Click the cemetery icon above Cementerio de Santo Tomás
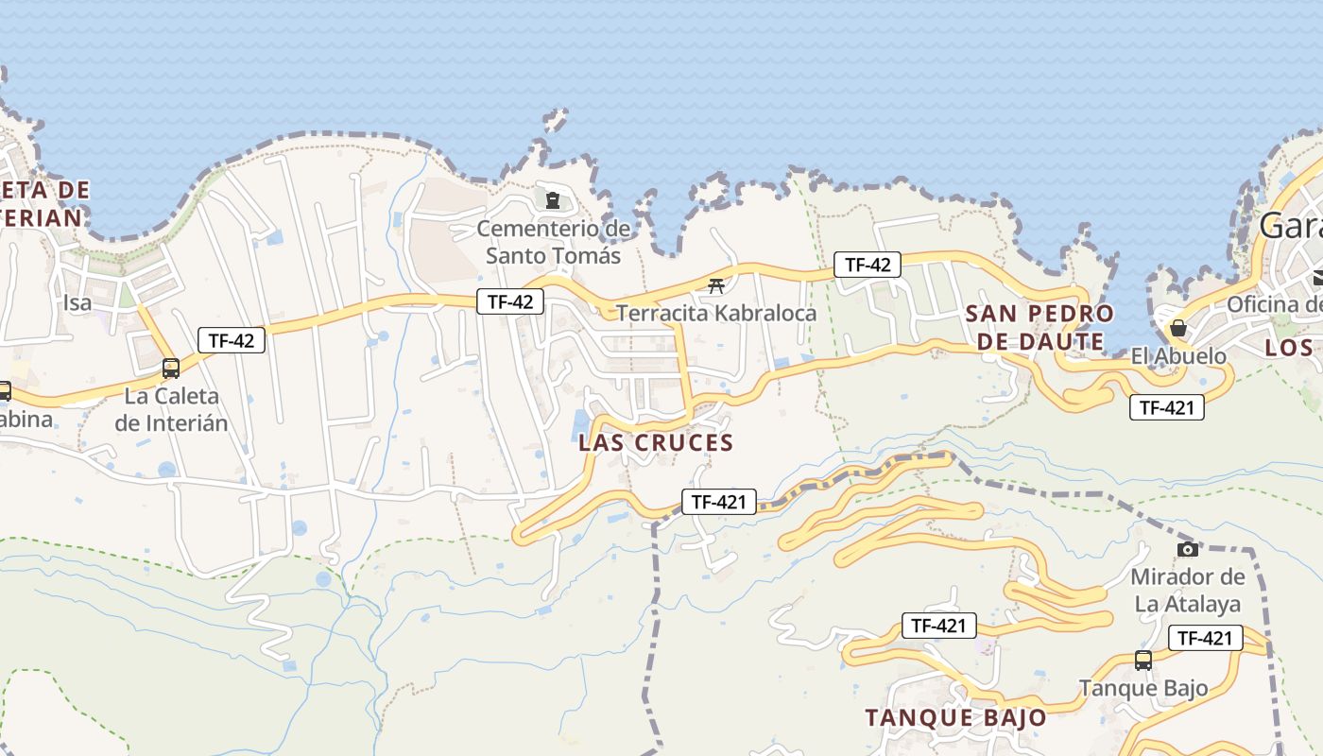click(x=553, y=199)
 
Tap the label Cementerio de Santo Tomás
click(x=553, y=242)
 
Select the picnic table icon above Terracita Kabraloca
click(x=716, y=285)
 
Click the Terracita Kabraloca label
click(x=716, y=312)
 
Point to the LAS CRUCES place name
click(x=656, y=442)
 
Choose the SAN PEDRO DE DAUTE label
click(x=1039, y=327)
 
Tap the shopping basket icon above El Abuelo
click(x=1178, y=328)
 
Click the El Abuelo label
click(x=1178, y=356)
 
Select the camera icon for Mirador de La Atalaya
click(x=1188, y=549)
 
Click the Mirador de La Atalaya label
click(x=1188, y=590)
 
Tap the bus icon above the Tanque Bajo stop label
click(x=1143, y=661)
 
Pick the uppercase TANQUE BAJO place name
click(x=955, y=717)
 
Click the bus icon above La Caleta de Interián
click(x=171, y=369)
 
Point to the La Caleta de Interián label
click(x=171, y=409)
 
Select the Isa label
click(x=77, y=303)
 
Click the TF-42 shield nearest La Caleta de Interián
click(x=232, y=340)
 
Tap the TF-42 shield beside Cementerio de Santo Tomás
click(x=510, y=301)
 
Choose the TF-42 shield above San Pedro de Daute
click(x=868, y=265)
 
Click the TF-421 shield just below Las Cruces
click(x=719, y=502)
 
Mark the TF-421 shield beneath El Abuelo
click(x=1167, y=407)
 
